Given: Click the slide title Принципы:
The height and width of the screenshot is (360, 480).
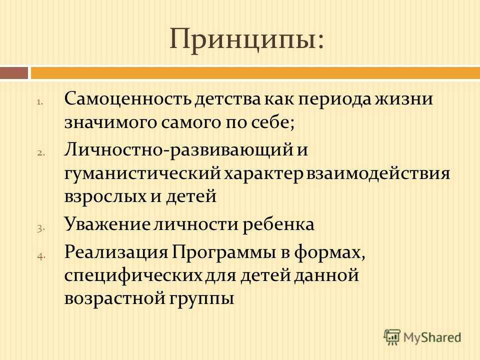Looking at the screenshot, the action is (x=246, y=39).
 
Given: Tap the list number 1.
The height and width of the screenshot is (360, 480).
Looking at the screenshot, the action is (x=40, y=102).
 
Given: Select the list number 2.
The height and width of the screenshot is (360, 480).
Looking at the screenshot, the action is (x=40, y=153).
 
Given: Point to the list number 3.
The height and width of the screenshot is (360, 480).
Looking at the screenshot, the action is (x=40, y=228).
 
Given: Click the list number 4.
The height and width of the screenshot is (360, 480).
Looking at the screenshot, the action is (x=41, y=256).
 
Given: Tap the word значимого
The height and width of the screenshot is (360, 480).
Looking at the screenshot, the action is (x=110, y=122).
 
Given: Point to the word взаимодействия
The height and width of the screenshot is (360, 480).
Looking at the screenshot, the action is (x=378, y=173).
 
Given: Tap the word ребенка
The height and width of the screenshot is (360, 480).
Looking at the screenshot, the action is (x=278, y=224).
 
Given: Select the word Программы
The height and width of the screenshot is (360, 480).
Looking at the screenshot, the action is (x=224, y=253).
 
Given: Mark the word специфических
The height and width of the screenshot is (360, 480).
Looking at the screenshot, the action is (x=133, y=275).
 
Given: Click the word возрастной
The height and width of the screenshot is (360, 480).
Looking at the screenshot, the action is (x=114, y=298).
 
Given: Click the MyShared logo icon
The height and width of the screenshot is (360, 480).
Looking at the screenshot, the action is (x=392, y=337).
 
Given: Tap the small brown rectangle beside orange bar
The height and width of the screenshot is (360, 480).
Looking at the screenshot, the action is (x=14, y=73).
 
